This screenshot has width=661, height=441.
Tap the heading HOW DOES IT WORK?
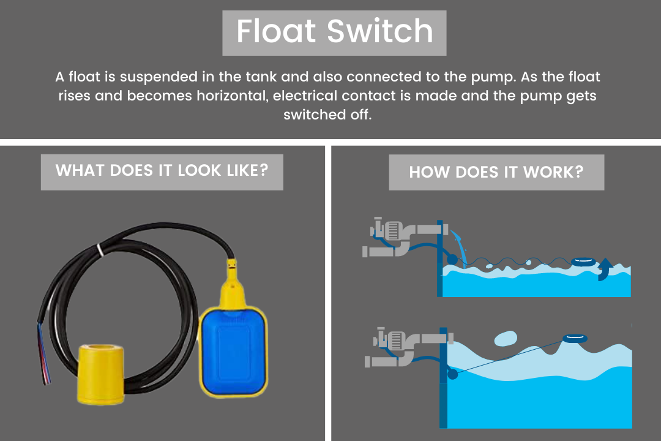(496, 171)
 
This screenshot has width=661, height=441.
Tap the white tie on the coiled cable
(100, 249)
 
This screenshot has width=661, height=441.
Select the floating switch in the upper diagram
(583, 263)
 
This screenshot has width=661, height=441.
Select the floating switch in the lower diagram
(574, 338)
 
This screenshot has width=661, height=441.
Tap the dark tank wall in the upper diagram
(439, 258)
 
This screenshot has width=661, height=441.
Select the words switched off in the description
(327, 115)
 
